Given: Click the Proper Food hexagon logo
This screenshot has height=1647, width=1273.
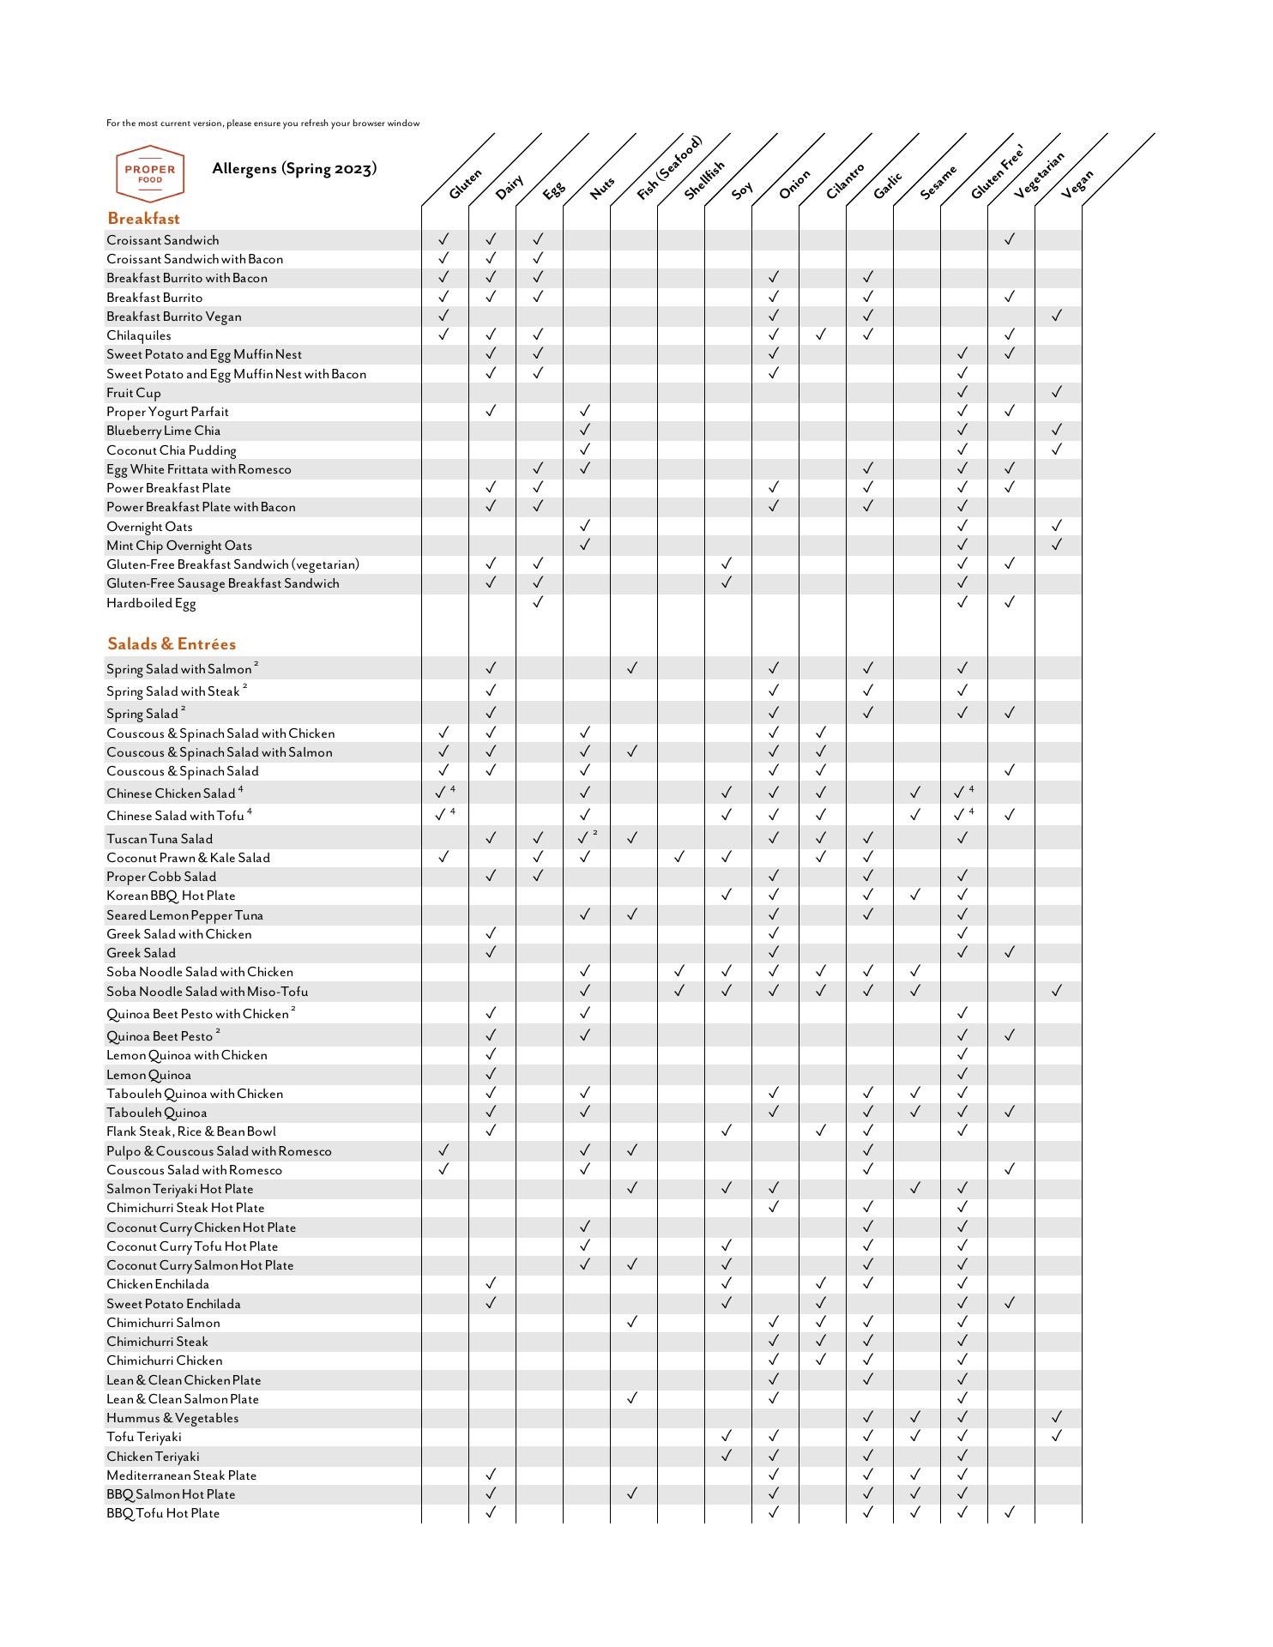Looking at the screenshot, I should [x=150, y=173].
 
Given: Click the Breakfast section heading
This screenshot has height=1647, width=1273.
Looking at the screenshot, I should [x=143, y=219].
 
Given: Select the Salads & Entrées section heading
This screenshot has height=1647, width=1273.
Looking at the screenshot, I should [x=171, y=644].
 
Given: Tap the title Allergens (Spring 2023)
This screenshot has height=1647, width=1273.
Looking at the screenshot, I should [x=294, y=168].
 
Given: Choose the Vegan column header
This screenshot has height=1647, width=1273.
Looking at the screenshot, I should [x=1077, y=184].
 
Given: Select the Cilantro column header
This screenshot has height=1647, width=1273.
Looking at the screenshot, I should [x=845, y=181].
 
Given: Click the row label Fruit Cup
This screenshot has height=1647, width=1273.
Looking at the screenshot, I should [x=134, y=393].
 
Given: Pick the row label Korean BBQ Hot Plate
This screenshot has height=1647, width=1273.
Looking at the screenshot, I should [x=171, y=896].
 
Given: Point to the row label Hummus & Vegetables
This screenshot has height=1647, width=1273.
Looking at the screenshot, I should [x=172, y=1418].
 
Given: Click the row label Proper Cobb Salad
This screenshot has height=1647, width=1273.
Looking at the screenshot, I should [x=161, y=877].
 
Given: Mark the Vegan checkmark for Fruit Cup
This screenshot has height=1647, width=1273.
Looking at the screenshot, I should [x=1057, y=392].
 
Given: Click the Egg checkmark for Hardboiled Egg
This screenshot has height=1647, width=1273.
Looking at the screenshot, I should [x=538, y=602].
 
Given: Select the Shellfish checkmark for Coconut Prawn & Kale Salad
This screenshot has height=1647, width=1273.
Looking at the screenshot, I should [x=679, y=857].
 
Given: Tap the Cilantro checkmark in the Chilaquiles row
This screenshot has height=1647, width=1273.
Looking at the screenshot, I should [x=821, y=335].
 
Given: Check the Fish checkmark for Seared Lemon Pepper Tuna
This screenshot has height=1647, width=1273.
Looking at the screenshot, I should [x=632, y=914].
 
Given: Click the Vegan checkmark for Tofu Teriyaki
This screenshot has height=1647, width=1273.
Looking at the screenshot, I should [x=1057, y=1436].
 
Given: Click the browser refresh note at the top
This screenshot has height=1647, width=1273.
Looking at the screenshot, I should [x=263, y=124].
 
